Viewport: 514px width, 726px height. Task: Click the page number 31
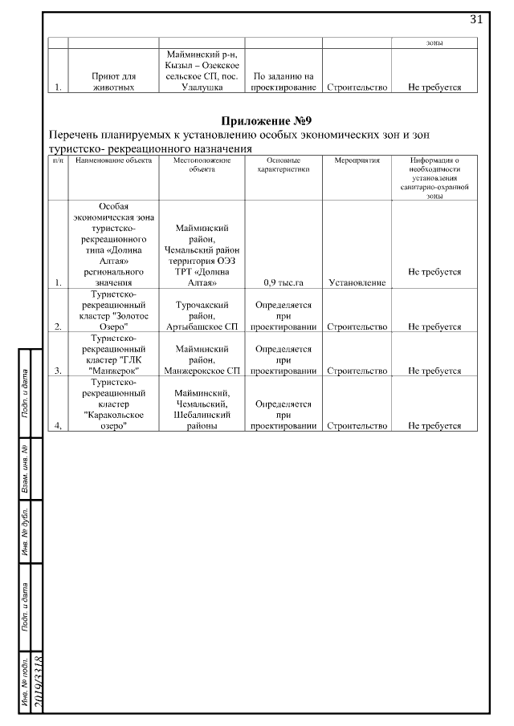tap(475, 20)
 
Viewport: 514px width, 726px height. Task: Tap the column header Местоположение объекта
tap(202, 164)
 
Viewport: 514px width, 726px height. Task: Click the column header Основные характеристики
tap(283, 164)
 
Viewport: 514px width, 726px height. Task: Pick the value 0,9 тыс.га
tap(283, 282)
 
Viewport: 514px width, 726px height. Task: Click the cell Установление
tap(356, 282)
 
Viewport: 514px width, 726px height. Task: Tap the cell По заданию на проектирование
tap(283, 82)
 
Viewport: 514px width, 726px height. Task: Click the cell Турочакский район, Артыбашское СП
tap(202, 316)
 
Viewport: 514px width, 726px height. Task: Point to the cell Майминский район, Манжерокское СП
tap(202, 360)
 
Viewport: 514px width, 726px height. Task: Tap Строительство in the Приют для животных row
tap(356, 87)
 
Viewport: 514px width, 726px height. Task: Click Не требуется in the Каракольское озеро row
tap(434, 426)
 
